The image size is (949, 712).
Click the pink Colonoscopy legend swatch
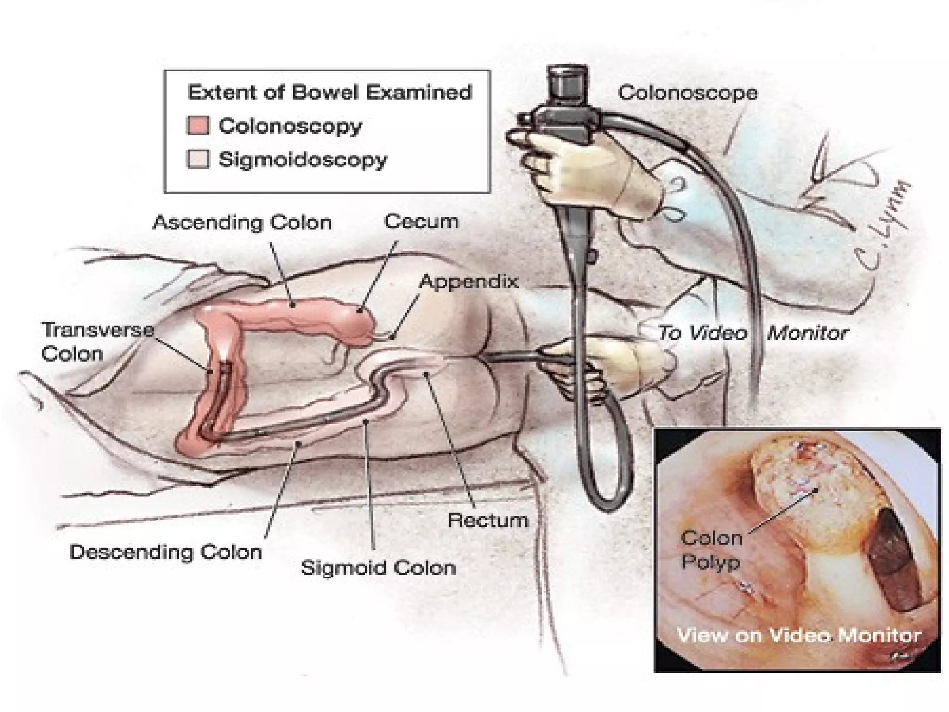[x=198, y=126]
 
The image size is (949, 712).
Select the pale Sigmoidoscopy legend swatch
[x=198, y=159]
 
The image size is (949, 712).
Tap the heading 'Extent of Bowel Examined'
[x=329, y=92]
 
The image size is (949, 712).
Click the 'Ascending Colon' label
[x=242, y=222]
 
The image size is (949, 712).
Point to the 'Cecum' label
[x=421, y=221]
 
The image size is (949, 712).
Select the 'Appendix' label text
[x=468, y=281]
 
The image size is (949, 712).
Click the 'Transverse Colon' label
[x=97, y=342]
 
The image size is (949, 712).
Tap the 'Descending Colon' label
[x=165, y=552]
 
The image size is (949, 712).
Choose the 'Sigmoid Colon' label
[x=378, y=567]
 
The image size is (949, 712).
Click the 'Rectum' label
[x=488, y=520]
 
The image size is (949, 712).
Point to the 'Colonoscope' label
[x=688, y=93]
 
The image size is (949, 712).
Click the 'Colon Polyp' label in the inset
[x=711, y=550]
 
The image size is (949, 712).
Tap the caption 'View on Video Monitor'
[x=799, y=635]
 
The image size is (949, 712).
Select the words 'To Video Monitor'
[x=753, y=333]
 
